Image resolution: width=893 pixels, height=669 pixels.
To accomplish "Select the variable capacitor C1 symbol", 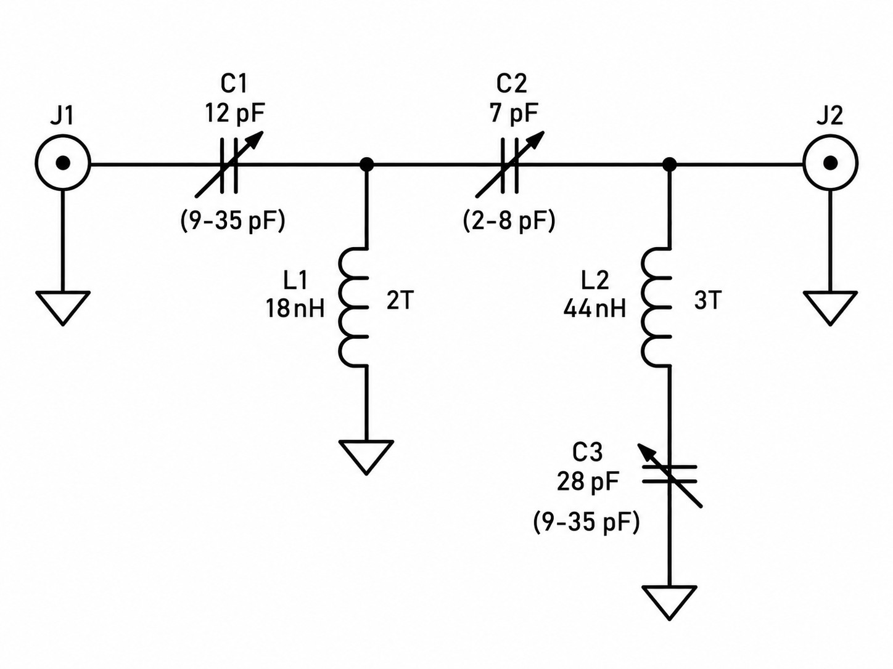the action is [229, 164].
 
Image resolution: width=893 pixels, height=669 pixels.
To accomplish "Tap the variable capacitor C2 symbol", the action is [510, 164].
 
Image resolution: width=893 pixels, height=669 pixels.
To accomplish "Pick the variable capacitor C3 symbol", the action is [670, 474].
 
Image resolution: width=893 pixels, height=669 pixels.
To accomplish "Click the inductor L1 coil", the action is [353, 307].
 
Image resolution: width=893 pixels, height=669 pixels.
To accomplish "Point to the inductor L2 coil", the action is [656, 307].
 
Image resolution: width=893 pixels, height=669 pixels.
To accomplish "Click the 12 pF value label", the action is [235, 113].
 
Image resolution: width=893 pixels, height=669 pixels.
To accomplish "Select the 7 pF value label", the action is [514, 113].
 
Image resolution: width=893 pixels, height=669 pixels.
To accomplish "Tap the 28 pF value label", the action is [588, 481].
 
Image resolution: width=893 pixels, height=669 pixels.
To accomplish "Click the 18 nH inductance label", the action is [295, 308].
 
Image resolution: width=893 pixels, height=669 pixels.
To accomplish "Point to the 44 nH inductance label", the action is [595, 308].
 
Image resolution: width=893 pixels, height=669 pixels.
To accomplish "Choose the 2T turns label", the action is [400, 301].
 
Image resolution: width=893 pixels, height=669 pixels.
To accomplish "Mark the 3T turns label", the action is [708, 301].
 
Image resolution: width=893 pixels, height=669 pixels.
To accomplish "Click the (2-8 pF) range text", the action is [509, 221].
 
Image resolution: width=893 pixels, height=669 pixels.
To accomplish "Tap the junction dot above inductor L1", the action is [366, 164].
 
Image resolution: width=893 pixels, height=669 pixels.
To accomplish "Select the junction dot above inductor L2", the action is [670, 164].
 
